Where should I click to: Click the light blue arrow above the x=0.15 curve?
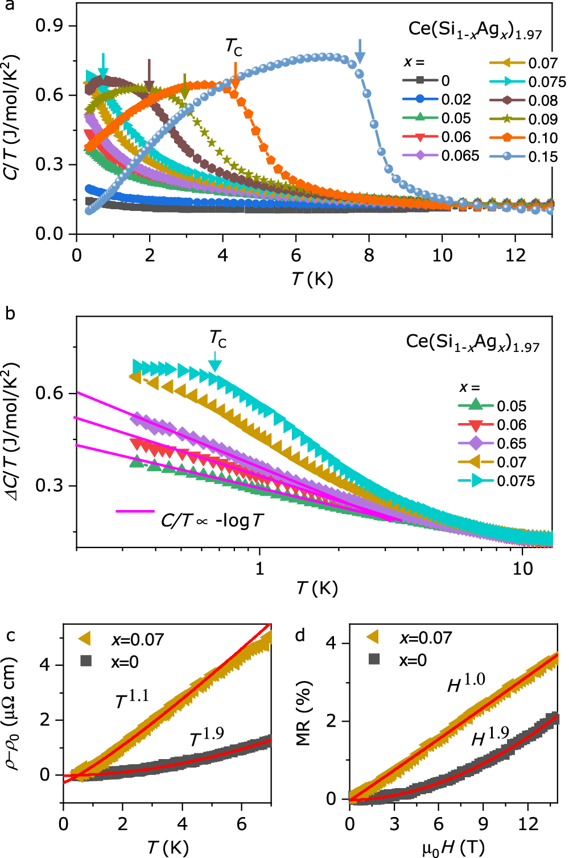pyautogui.click(x=360, y=52)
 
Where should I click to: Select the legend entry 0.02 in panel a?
pyautogui.click(x=456, y=100)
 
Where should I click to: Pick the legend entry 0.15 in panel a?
pyautogui.click(x=542, y=156)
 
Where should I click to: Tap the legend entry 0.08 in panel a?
pyautogui.click(x=542, y=101)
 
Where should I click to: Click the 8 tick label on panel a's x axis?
pyautogui.click(x=369, y=255)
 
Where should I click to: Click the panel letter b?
pyautogui.click(x=10, y=313)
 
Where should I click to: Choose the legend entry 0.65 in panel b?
pyautogui.click(x=512, y=443)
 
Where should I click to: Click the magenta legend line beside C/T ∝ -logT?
pyautogui.click(x=135, y=511)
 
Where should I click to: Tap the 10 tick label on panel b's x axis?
pyautogui.click(x=522, y=568)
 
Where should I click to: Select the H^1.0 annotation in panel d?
pyautogui.click(x=466, y=683)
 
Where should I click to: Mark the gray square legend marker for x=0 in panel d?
pyautogui.click(x=374, y=660)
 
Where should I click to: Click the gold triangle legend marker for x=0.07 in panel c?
pyautogui.click(x=85, y=639)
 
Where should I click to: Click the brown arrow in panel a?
pyautogui.click(x=149, y=74)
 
